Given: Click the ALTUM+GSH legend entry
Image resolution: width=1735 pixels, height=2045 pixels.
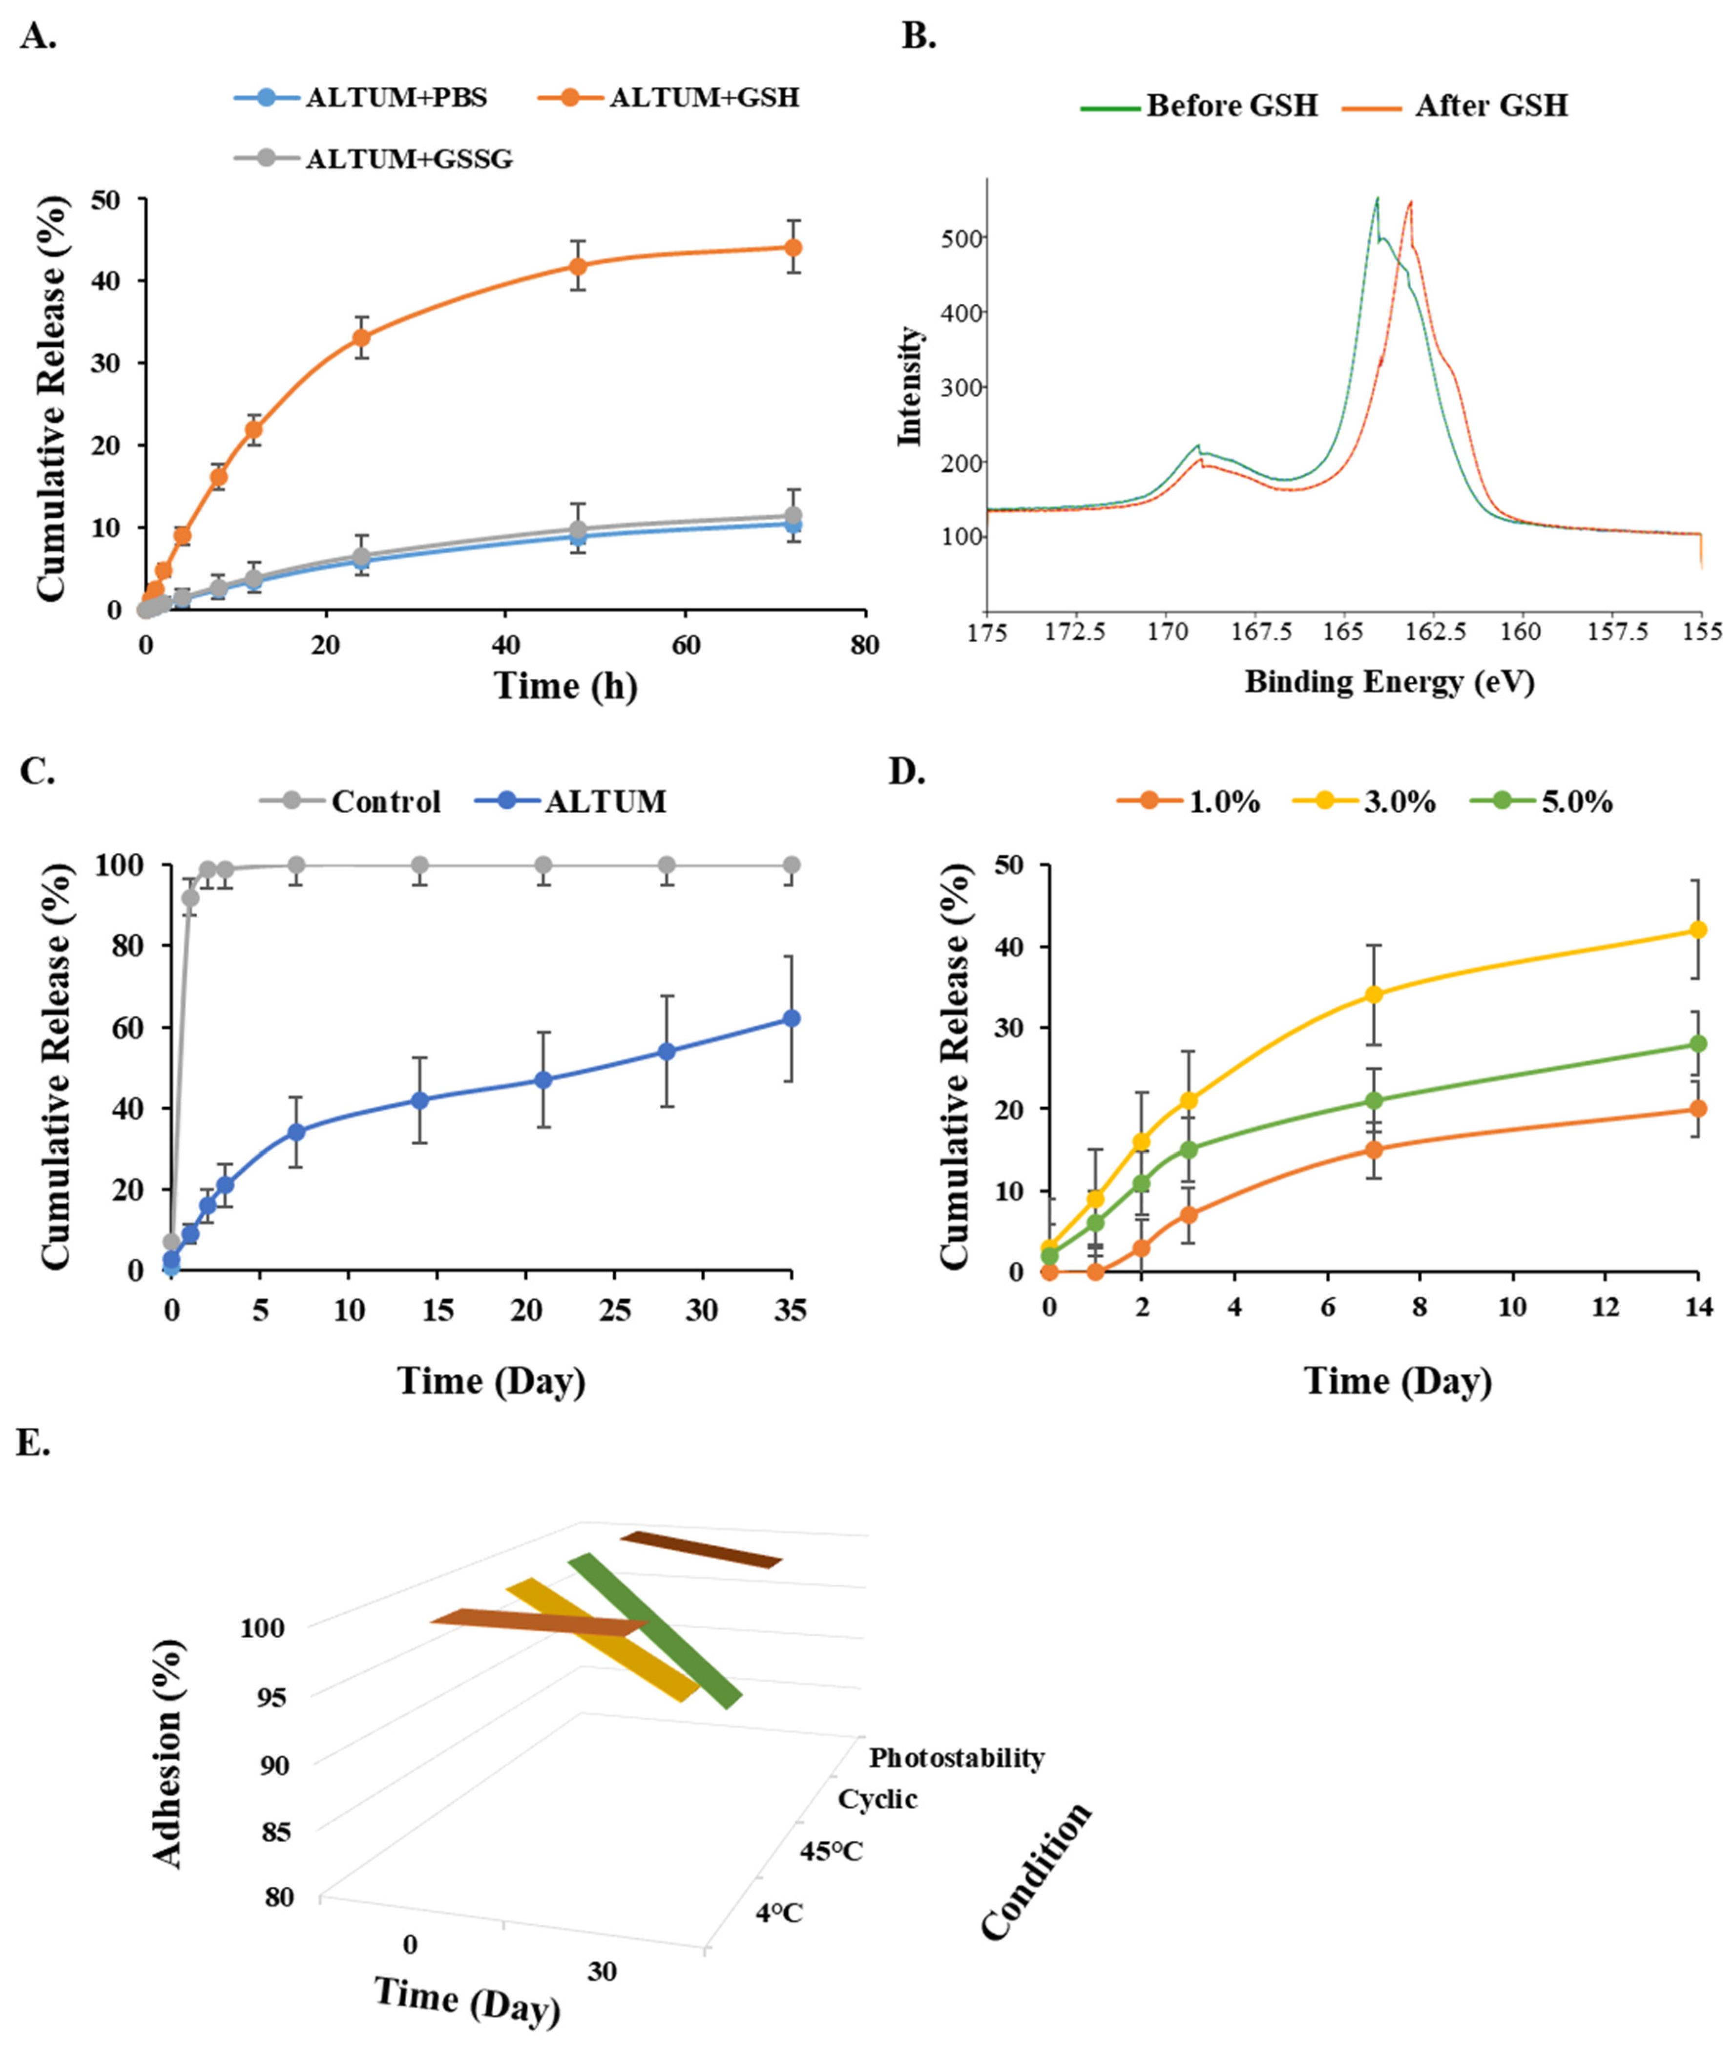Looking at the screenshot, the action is [669, 97].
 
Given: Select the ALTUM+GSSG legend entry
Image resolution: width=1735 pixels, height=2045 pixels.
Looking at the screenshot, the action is [374, 158].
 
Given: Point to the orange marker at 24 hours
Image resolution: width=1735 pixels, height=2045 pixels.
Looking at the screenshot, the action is [362, 337].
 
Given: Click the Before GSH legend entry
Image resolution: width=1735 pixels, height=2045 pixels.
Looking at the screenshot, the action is [1200, 105].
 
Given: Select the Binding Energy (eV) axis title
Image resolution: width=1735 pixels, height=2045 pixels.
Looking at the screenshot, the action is [1390, 682].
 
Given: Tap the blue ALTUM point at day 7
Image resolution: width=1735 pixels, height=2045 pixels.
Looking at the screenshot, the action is [296, 1132].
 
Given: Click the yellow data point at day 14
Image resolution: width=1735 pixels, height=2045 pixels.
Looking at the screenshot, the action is [1697, 929].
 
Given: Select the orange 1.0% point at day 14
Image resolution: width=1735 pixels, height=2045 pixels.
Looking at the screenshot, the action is [1697, 1109].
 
